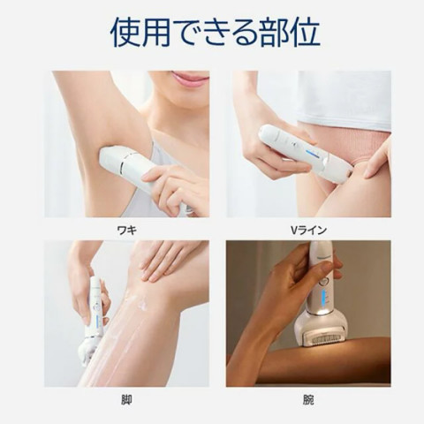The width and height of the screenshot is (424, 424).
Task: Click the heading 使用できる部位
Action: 216,33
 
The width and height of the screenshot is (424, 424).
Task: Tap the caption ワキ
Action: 127,230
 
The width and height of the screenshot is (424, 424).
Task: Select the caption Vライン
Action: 308,230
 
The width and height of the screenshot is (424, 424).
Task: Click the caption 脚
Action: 126,400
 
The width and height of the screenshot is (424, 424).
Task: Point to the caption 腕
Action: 308,400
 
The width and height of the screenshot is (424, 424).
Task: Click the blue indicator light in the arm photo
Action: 324,299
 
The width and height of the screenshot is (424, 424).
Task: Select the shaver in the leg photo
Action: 94,321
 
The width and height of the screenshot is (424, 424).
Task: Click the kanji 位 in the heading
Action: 305,33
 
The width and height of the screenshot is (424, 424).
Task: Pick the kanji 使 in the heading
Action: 125,33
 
